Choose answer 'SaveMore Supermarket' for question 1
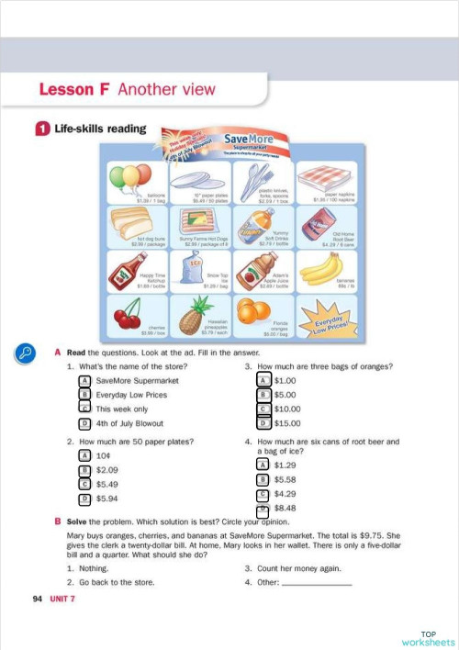pos(84,380)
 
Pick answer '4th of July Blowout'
pos(84,423)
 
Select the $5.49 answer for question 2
pos(84,484)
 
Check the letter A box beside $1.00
pos(263,380)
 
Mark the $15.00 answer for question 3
pos(263,423)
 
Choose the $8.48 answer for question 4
pos(263,508)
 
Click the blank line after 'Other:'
pos(317,582)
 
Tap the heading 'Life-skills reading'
pos(93,129)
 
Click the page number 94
pos(38,599)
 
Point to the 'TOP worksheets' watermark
pos(428,638)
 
